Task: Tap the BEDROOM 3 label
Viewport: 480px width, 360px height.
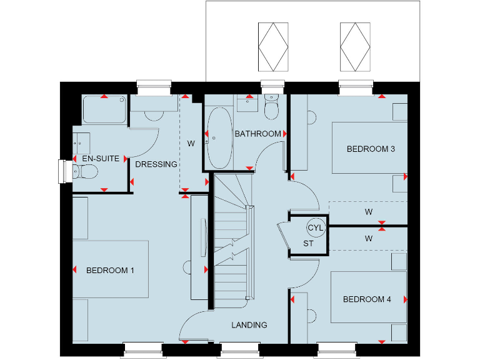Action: point(371,149)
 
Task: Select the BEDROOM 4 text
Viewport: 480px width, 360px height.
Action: point(367,299)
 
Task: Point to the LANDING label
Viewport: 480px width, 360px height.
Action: point(249,325)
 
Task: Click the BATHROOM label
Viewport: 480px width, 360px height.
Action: point(257,134)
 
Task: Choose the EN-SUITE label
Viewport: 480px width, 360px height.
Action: point(101,159)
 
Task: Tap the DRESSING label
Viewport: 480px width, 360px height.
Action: point(156,164)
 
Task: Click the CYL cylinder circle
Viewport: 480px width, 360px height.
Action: point(316,227)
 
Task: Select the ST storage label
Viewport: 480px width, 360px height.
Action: point(308,243)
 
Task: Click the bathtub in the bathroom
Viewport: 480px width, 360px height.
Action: point(219,138)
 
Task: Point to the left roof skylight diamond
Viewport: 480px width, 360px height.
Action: point(272,47)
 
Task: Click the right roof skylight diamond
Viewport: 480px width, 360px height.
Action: point(354,47)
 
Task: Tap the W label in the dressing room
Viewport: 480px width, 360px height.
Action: point(191,142)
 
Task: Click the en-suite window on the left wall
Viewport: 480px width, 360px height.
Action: point(62,172)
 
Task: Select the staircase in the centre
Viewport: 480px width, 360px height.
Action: point(232,241)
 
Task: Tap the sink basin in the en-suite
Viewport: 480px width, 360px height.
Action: point(81,142)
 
